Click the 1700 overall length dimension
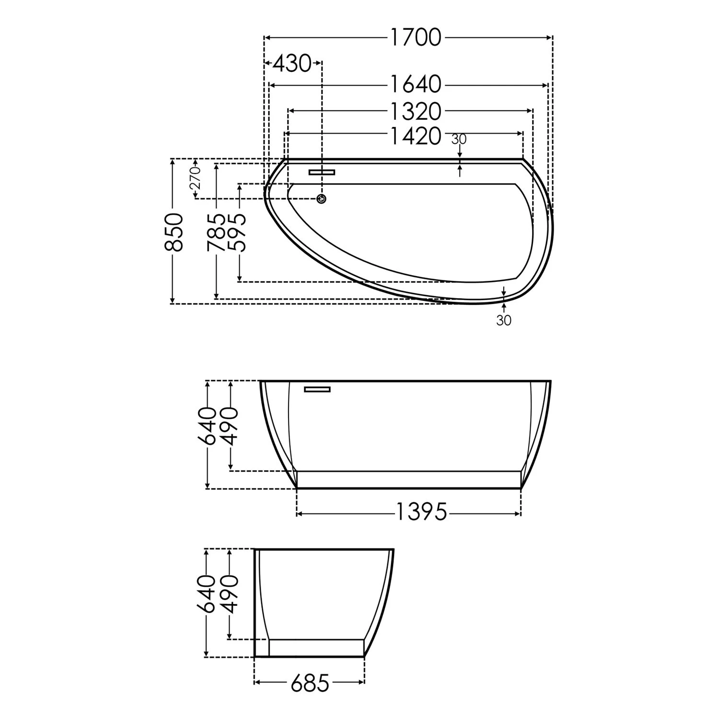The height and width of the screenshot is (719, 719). pyautogui.click(x=415, y=38)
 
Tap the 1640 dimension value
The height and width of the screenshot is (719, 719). pyautogui.click(x=415, y=85)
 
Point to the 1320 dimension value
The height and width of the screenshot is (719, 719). pyautogui.click(x=415, y=111)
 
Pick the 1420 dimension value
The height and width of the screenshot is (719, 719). pyautogui.click(x=415, y=136)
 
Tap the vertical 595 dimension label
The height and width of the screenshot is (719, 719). pyautogui.click(x=238, y=232)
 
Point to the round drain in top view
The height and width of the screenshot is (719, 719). pyautogui.click(x=322, y=198)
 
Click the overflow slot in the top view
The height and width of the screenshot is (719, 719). pyautogui.click(x=322, y=172)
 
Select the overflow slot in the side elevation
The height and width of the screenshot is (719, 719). pyautogui.click(x=317, y=389)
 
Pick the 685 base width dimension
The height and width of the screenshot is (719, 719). pyautogui.click(x=310, y=683)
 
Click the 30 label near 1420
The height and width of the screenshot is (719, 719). pyautogui.click(x=459, y=139)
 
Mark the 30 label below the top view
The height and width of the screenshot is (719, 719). pyautogui.click(x=504, y=320)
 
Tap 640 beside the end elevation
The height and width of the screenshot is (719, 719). pyautogui.click(x=206, y=594)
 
